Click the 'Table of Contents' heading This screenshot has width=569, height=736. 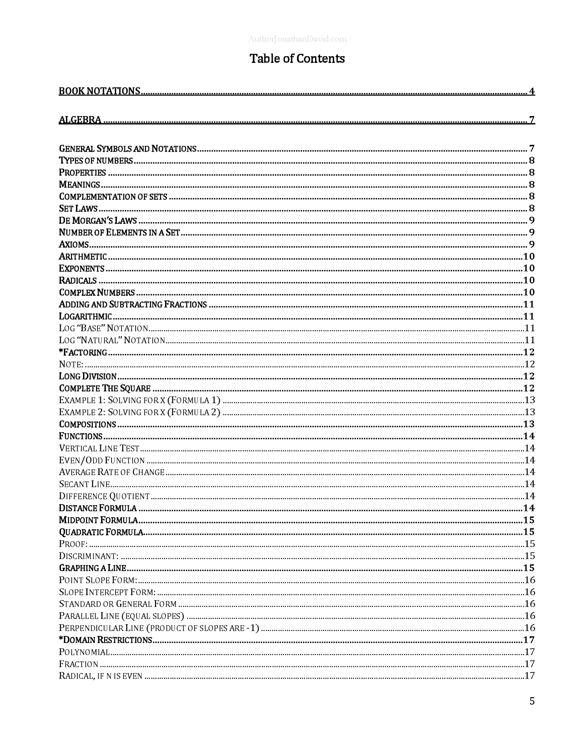click(297, 59)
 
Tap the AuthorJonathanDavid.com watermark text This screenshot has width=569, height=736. click(297, 39)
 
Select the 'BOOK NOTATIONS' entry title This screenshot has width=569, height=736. click(99, 91)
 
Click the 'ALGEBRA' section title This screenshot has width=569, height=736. click(80, 120)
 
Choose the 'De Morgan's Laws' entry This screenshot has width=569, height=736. click(98, 220)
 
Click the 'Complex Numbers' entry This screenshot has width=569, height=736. click(97, 292)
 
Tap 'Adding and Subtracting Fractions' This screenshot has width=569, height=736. click(133, 304)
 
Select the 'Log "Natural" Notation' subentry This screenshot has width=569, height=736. click(112, 340)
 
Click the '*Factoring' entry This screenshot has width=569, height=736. click(83, 352)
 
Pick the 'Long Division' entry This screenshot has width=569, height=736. click(88, 376)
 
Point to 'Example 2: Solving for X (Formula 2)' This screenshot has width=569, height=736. click(140, 412)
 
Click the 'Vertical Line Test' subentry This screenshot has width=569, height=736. click(99, 448)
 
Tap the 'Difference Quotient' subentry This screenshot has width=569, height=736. click(104, 496)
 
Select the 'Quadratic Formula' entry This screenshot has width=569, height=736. click(101, 532)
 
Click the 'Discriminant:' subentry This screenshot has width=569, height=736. click(88, 556)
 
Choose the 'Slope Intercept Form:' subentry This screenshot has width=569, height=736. click(107, 592)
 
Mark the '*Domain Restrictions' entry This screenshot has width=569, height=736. click(105, 640)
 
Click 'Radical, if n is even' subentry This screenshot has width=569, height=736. click(101, 676)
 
